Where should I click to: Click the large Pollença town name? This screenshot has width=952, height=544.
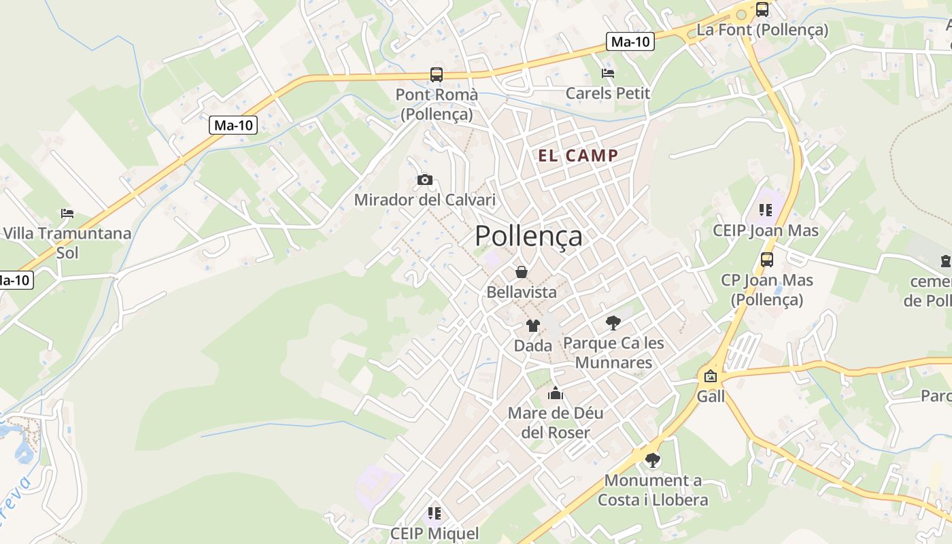pos(528,236)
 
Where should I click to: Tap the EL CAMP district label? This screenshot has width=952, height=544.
pos(578,156)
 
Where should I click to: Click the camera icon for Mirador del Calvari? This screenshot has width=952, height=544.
pos(425,180)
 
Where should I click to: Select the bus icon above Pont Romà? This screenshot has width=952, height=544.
pos(437,74)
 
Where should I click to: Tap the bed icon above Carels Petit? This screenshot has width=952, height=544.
pos(608,73)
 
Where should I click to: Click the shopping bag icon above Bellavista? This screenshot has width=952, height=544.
pos(522,272)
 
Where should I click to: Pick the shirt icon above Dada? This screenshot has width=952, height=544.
pos(532,326)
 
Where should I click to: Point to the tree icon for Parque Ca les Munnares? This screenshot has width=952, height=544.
pos(613,322)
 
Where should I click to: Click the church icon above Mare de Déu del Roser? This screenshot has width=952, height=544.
pos(556,393)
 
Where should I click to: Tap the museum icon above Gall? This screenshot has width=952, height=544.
pos(711,375)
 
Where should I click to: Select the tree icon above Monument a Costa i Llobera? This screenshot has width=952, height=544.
pos(653,460)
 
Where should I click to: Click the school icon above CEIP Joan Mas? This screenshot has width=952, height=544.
pos(766,210)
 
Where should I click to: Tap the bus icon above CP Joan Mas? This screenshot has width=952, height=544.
pos(767,259)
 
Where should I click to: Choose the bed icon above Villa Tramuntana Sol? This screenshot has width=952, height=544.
pos(67,214)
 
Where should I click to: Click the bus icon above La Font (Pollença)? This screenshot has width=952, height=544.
pos(762,10)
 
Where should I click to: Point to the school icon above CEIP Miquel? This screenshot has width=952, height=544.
pos(435,513)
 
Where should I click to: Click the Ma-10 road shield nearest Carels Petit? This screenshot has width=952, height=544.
pos(630,41)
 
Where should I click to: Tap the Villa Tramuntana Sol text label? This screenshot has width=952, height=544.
pos(67,243)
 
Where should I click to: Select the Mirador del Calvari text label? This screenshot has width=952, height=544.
pos(425,200)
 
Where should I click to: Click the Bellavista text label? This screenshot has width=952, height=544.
pos(522,292)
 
